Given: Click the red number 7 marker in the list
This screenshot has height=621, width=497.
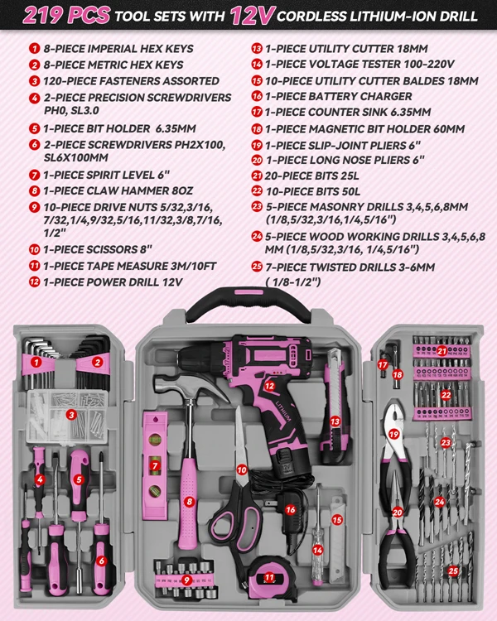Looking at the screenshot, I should (x=34, y=175).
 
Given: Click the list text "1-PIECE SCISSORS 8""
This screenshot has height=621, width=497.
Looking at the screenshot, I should (x=104, y=248).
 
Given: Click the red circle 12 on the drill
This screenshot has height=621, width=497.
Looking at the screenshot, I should (x=269, y=384).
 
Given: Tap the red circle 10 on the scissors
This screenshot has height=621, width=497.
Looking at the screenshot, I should (x=242, y=469).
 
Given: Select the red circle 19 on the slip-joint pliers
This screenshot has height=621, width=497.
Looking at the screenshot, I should (x=394, y=433).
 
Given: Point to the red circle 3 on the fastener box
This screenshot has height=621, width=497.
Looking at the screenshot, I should (x=72, y=413).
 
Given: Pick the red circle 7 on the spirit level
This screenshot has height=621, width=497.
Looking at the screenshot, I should (x=155, y=466).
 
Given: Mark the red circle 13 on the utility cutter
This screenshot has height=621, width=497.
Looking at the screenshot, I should (x=335, y=421).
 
